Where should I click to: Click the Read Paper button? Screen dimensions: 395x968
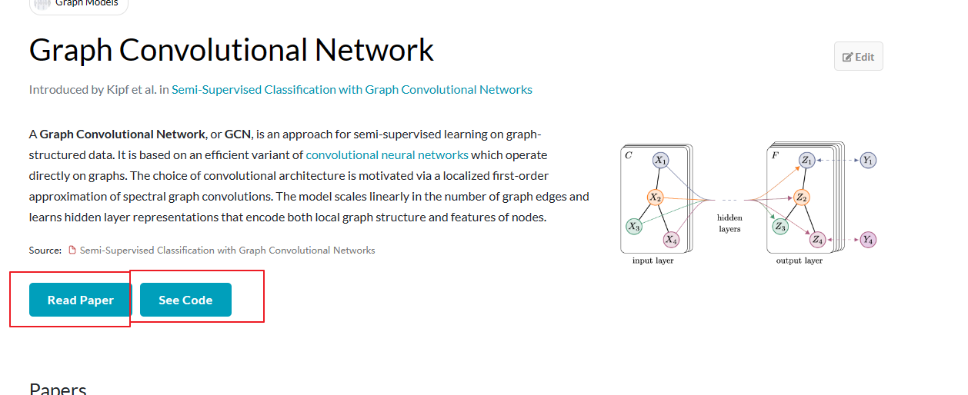point(81,300)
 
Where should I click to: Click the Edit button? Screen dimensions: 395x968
point(859,57)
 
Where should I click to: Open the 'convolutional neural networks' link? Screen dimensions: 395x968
point(387,154)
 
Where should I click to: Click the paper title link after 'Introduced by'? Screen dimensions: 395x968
point(352,90)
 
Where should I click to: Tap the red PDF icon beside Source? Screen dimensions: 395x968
point(73,251)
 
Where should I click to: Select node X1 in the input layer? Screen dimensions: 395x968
point(661,160)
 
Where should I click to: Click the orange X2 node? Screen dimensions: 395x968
point(656,197)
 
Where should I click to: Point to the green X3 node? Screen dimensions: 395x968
point(633,226)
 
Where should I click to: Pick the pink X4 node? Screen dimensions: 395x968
point(671,240)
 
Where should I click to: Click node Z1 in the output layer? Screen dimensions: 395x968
point(806,160)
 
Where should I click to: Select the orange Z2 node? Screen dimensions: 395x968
point(801,197)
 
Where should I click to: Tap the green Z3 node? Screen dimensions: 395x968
point(779,226)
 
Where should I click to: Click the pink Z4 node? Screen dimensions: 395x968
point(817,240)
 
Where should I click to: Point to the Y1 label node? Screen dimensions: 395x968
point(868,161)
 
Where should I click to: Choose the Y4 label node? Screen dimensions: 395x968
point(868,240)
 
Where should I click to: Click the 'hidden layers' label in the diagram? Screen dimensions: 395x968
point(729,224)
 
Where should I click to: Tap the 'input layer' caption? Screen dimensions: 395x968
point(653,261)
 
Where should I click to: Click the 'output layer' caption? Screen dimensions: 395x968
point(799,261)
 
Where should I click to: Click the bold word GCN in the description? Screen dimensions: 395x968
point(238,134)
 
